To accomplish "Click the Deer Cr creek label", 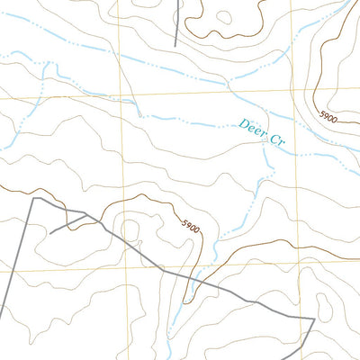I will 262,134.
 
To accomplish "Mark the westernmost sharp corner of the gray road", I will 33,198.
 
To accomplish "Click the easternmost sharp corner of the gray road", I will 314,319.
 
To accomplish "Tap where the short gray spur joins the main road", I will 86,214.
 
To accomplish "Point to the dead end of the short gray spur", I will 49,232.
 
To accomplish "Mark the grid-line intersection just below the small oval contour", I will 124,267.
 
